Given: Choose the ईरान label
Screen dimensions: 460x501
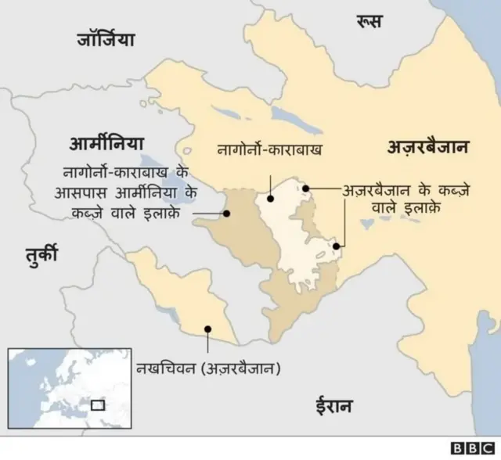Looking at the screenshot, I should click(x=333, y=405).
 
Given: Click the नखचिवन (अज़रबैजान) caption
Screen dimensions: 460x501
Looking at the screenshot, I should click(x=207, y=368).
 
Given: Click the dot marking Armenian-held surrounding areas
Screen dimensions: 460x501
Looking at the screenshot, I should click(x=227, y=212).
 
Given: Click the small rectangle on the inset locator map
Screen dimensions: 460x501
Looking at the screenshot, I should click(x=98, y=405).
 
